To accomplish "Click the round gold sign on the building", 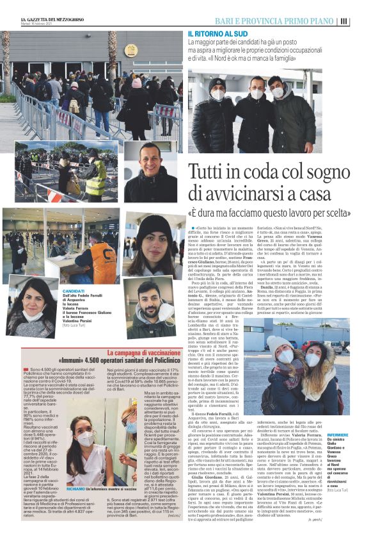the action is click(x=130, y=51).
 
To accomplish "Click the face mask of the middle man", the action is click(x=258, y=94).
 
